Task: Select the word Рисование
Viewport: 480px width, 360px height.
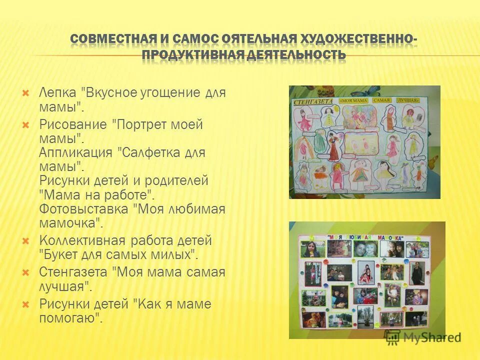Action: [73, 124]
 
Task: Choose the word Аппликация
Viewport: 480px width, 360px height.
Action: [75, 152]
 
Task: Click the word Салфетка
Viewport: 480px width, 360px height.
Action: [149, 152]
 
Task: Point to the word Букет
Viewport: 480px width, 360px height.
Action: [57, 254]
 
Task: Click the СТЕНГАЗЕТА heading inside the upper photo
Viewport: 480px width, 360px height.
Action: [313, 100]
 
